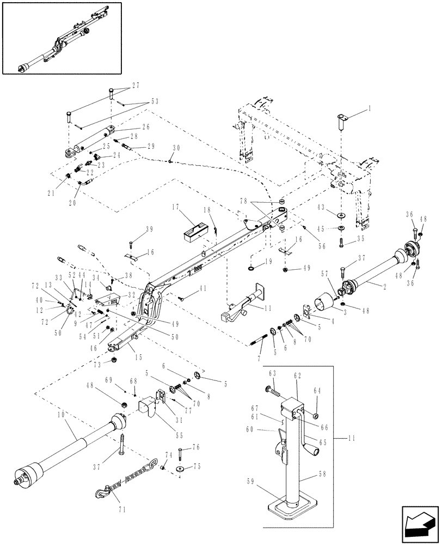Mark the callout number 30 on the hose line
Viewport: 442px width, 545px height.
pyautogui.click(x=175, y=148)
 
